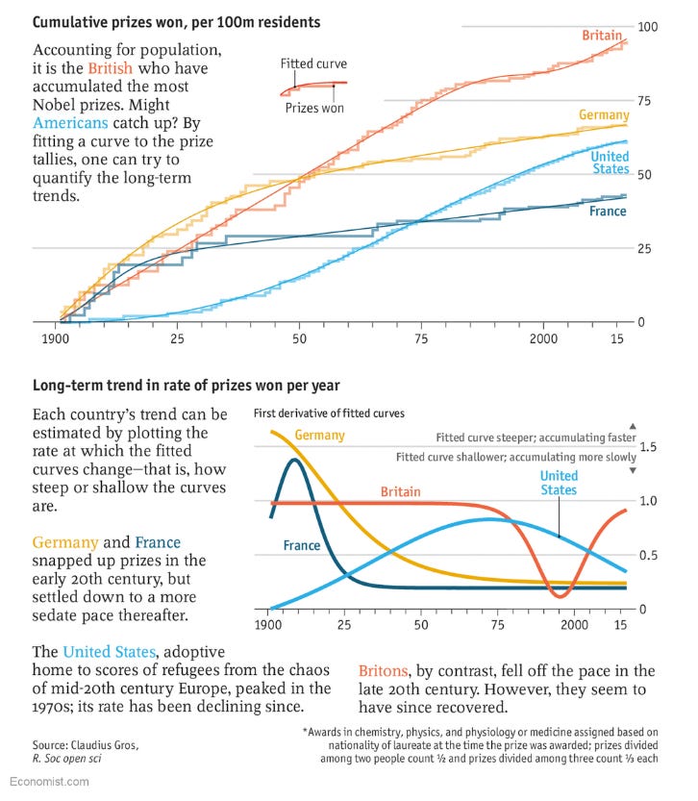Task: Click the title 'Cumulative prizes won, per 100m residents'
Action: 177,21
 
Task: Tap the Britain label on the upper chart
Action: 601,36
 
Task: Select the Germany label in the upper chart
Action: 603,115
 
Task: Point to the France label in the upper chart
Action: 608,211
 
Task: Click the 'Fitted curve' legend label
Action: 313,64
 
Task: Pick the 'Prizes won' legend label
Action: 314,108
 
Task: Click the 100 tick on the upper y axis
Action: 649,25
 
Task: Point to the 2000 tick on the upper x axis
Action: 542,339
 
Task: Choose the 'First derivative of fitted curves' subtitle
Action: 329,413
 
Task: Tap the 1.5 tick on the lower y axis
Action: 649,446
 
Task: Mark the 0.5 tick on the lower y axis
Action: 649,555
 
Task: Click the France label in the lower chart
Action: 302,545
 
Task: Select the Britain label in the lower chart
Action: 400,491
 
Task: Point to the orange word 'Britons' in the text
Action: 385,670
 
